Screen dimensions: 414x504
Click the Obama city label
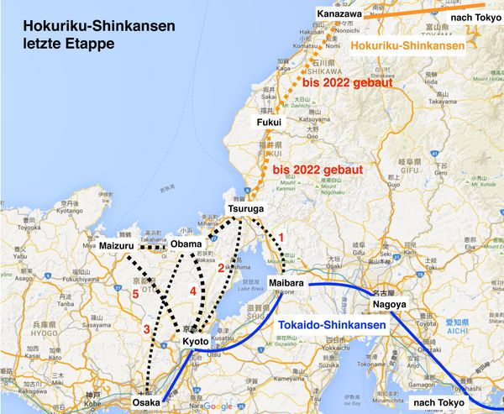tap(186, 244)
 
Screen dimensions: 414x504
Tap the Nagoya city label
tap(389, 303)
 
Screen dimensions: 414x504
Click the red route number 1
tap(282, 238)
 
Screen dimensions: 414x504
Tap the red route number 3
tap(146, 328)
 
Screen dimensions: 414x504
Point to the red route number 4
tap(192, 291)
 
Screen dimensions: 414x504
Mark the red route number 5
tap(134, 294)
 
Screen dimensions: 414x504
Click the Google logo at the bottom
tap(217, 406)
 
